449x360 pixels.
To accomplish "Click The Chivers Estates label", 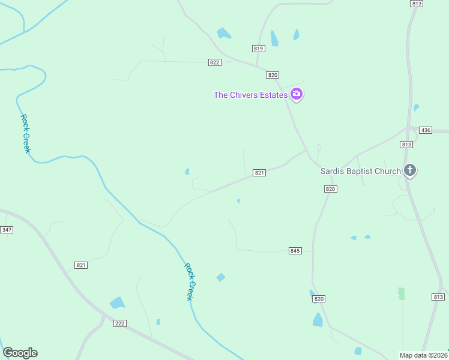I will pyautogui.click(x=251, y=95).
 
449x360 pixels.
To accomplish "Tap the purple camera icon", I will pyautogui.click(x=297, y=94).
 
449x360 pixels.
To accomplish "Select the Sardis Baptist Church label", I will pyautogui.click(x=360, y=171).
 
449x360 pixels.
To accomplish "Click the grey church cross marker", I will pyautogui.click(x=410, y=170).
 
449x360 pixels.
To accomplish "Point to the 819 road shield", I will pyautogui.click(x=259, y=49).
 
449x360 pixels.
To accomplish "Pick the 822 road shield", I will pyautogui.click(x=215, y=62).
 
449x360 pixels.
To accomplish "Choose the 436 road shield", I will pyautogui.click(x=426, y=130).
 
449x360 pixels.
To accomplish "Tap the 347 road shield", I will pyautogui.click(x=7, y=230).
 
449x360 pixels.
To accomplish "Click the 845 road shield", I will pyautogui.click(x=295, y=250).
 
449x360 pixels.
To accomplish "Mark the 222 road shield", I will pyautogui.click(x=119, y=323).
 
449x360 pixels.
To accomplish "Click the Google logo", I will pyautogui.click(x=20, y=353).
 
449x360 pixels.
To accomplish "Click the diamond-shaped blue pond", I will pyautogui.click(x=221, y=277).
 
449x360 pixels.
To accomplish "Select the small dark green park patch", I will pyautogui.click(x=401, y=293).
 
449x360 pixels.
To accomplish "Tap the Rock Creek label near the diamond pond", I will pyautogui.click(x=189, y=281).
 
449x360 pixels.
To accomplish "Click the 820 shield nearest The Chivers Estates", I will pyautogui.click(x=273, y=75).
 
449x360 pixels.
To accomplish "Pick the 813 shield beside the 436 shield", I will pyautogui.click(x=406, y=144).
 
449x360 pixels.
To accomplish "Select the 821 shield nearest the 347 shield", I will pyautogui.click(x=82, y=265).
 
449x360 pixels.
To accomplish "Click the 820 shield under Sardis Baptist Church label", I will pyautogui.click(x=330, y=189).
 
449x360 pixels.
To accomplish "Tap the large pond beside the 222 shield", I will pyautogui.click(x=117, y=303).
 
